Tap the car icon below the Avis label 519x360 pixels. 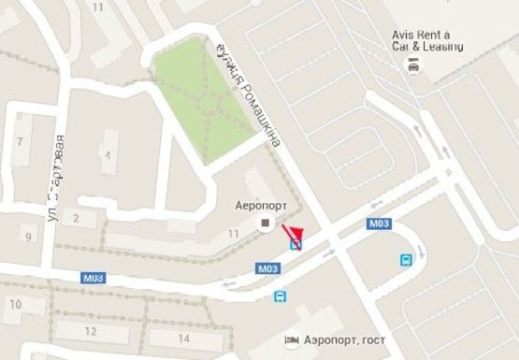tap(411, 64)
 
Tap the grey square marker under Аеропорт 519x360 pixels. tap(266, 223)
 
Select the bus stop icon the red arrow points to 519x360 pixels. tap(296, 245)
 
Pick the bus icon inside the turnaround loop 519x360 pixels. tap(408, 260)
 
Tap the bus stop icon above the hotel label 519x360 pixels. tap(280, 296)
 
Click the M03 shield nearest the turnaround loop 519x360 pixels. tap(379, 223)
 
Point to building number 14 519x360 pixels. tap(183, 338)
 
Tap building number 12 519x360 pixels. tap(91, 331)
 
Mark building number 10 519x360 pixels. tap(14, 304)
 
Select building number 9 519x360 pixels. tap(28, 236)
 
